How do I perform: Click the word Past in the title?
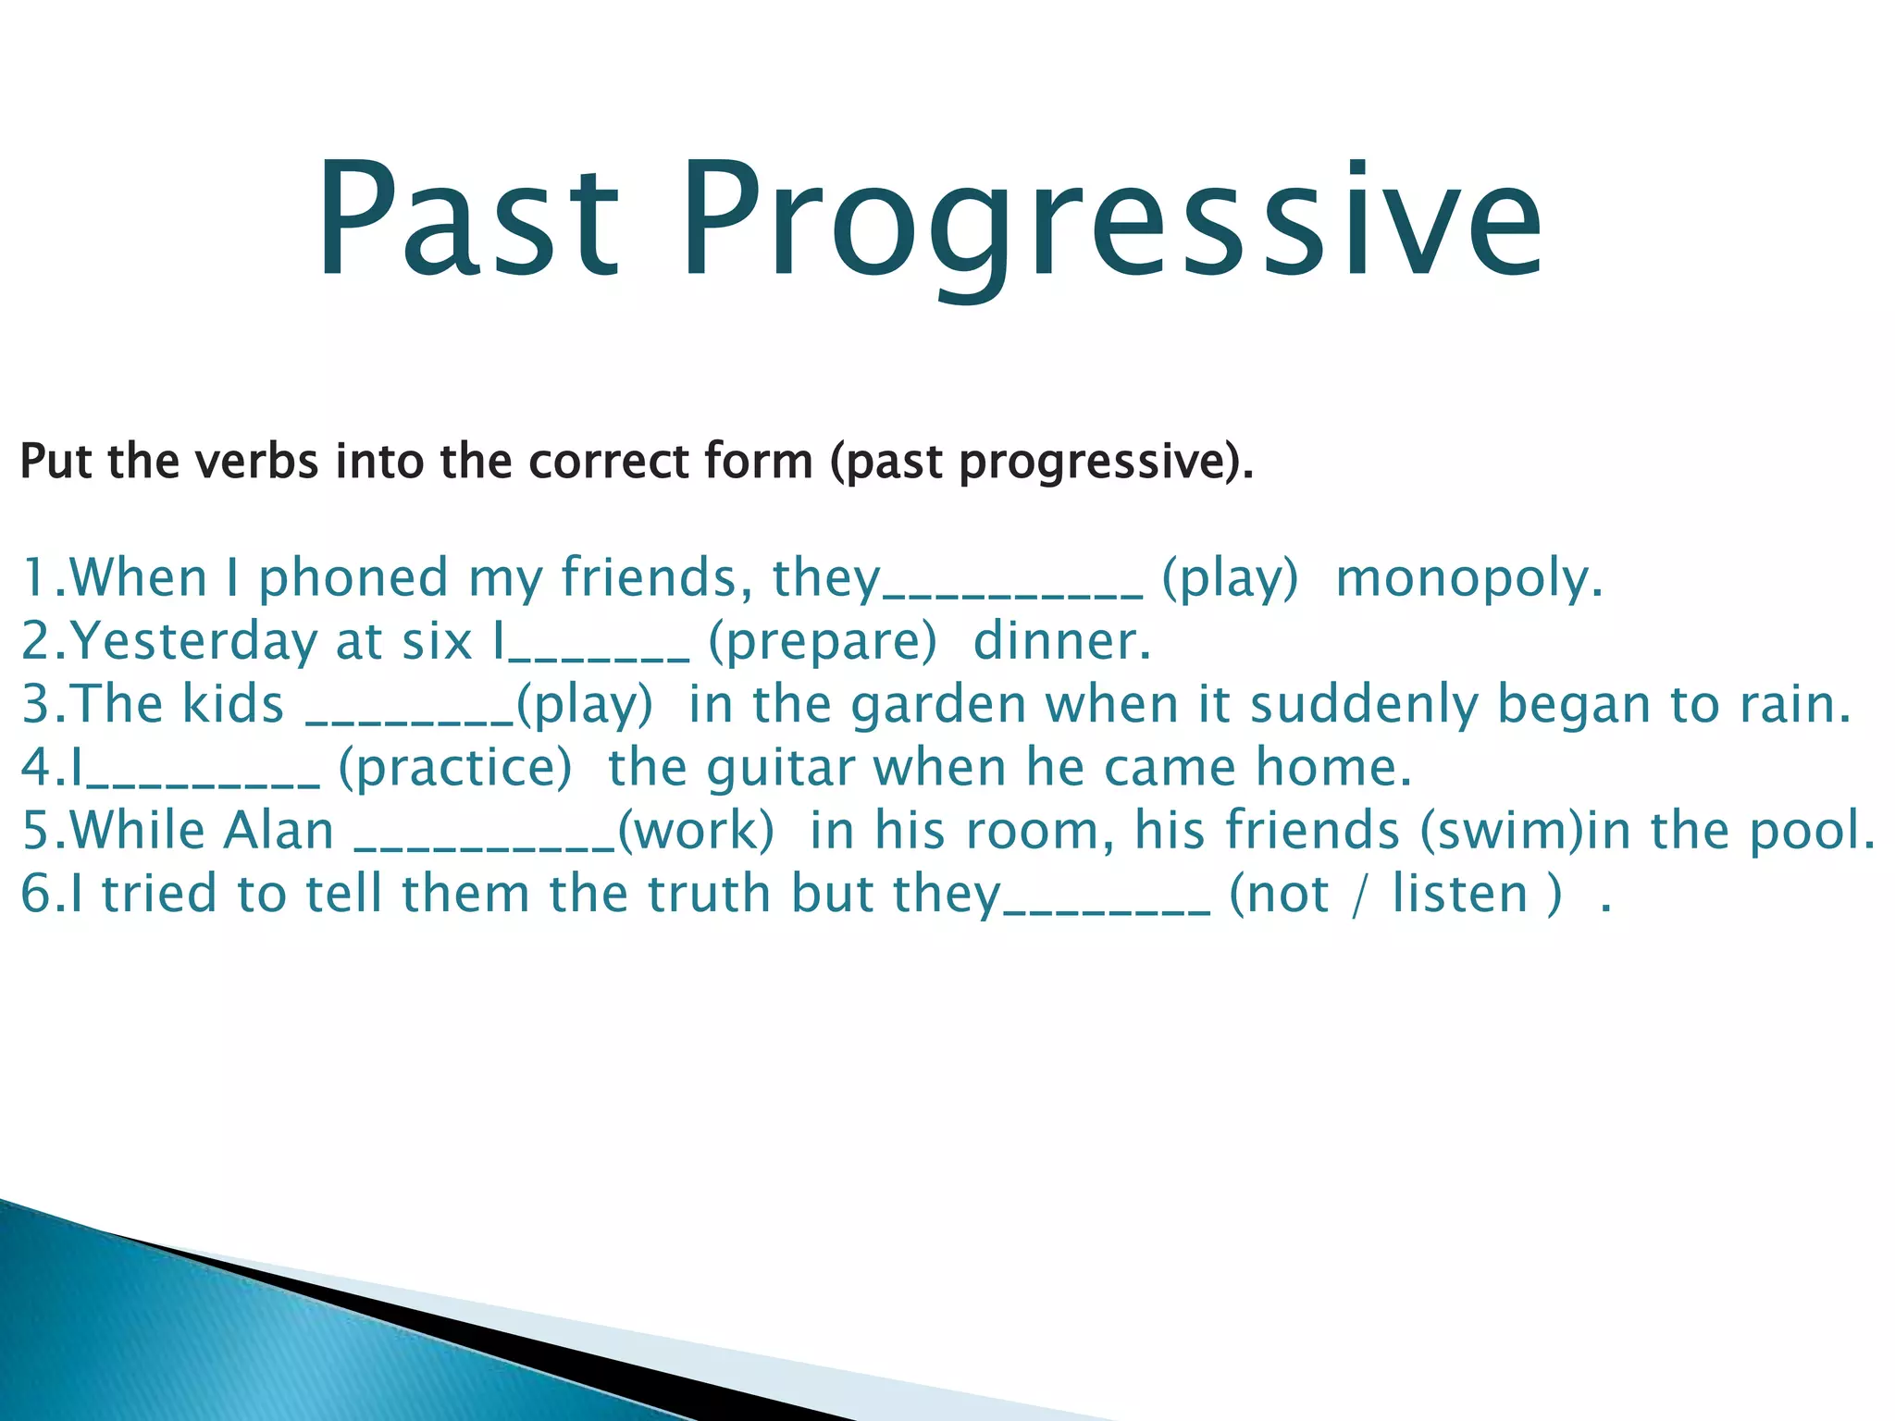coord(467,222)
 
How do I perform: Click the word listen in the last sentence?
coord(1459,895)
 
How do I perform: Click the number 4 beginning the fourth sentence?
coord(34,769)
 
